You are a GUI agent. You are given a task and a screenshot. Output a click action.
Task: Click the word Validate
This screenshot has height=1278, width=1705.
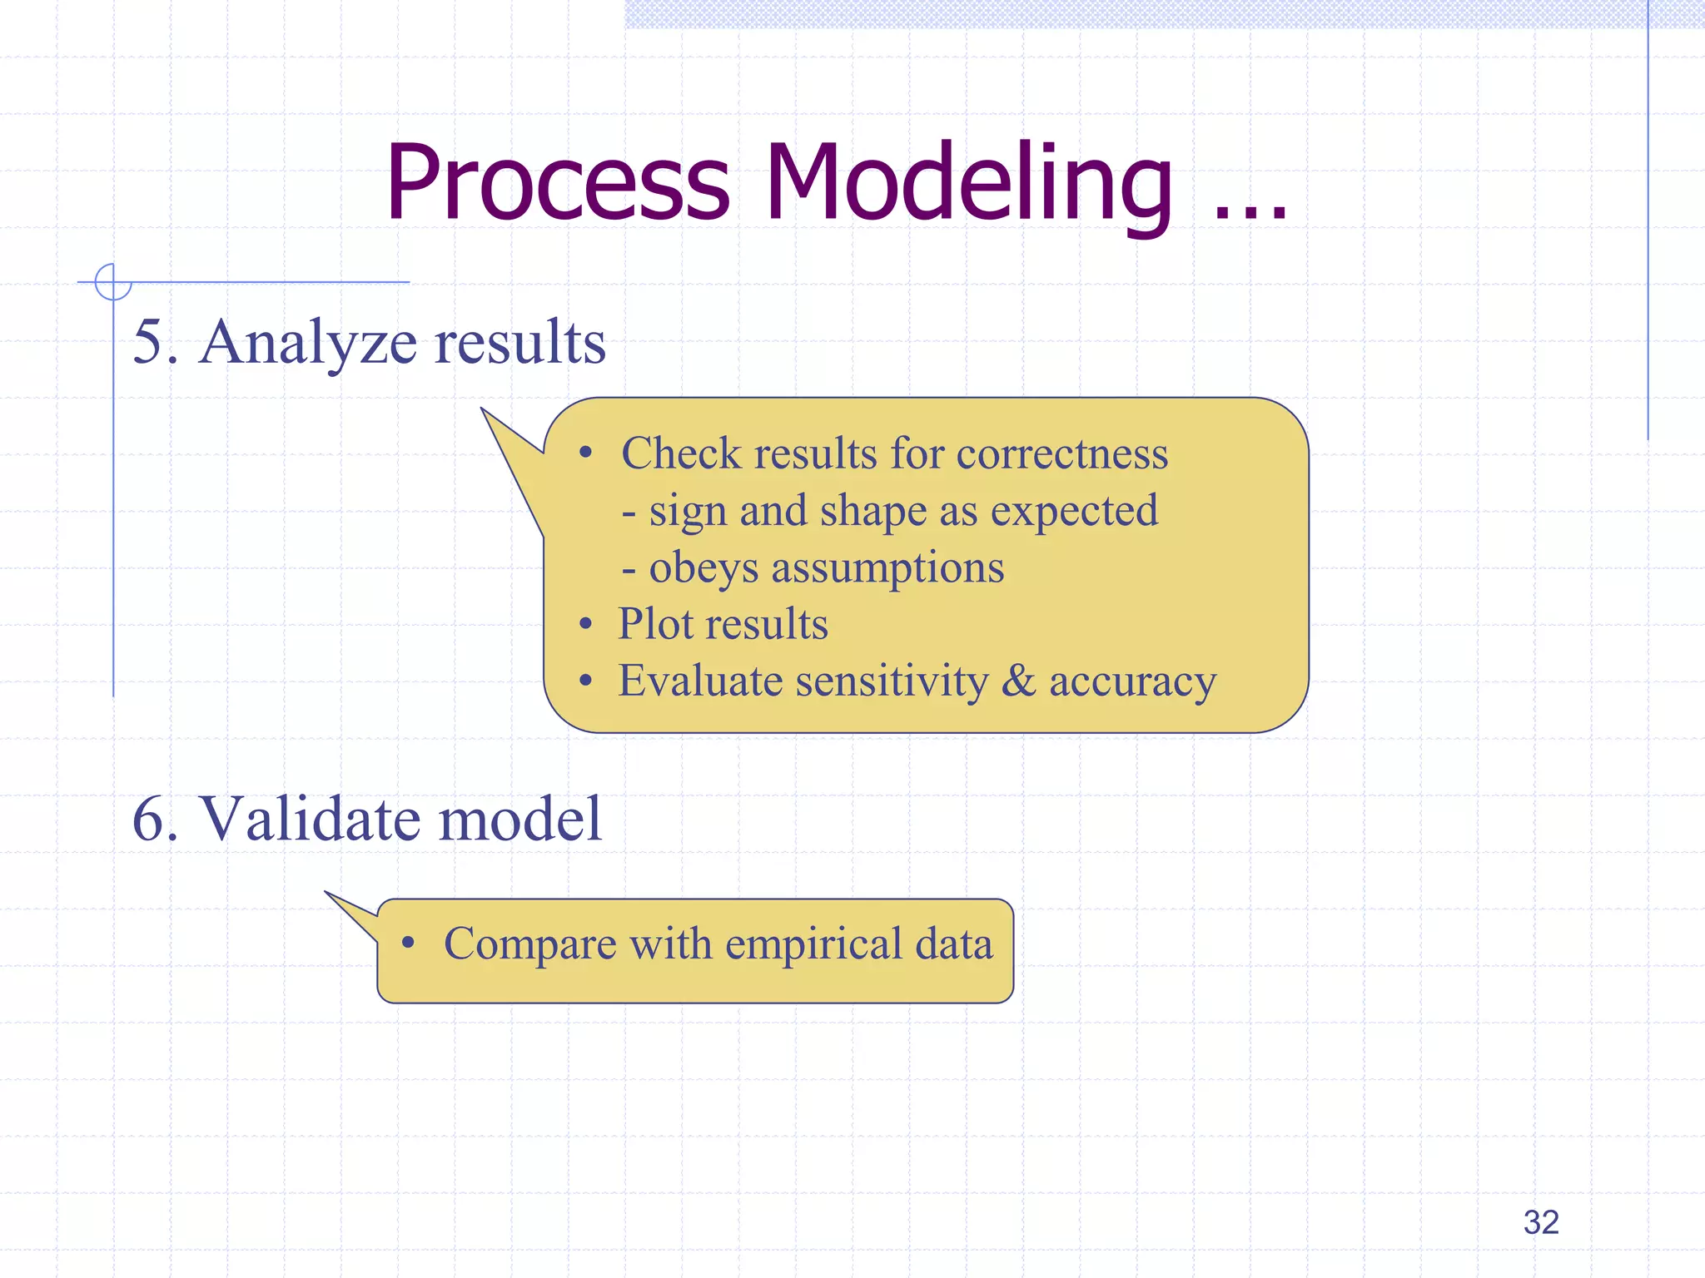tap(311, 820)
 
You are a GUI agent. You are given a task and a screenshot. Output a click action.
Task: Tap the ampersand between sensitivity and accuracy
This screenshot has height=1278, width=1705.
tap(1018, 681)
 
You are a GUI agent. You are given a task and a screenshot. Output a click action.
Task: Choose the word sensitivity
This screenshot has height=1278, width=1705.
tap(892, 681)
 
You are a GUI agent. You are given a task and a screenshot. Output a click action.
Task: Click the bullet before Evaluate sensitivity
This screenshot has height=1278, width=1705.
tap(586, 681)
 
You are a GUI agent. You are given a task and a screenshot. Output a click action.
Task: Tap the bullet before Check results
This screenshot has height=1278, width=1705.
tap(586, 453)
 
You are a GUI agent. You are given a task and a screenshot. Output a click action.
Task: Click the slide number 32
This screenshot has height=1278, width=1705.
tap(1540, 1222)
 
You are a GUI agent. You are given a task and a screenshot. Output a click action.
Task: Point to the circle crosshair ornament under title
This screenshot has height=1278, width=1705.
tap(113, 282)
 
